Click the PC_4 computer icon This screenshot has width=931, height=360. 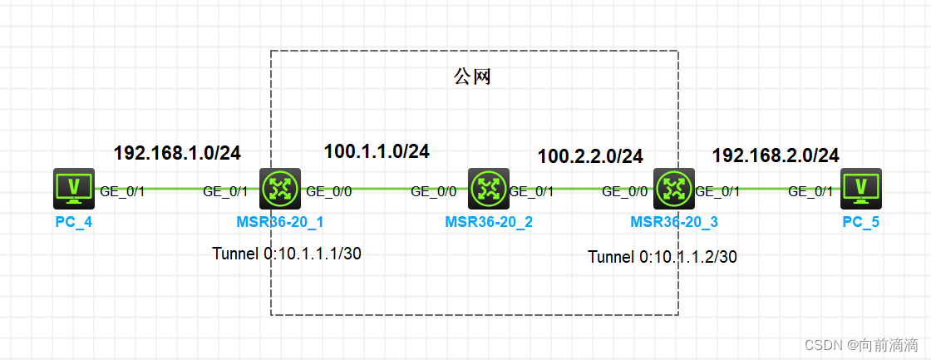click(x=73, y=188)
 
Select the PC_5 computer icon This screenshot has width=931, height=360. click(x=861, y=188)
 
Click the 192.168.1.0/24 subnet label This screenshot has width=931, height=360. click(x=177, y=153)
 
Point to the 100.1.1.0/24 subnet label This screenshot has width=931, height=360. click(x=377, y=151)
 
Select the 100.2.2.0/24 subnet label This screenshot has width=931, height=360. click(x=590, y=155)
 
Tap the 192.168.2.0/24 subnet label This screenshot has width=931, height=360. click(x=776, y=155)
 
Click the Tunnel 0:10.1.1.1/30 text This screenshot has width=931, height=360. click(x=287, y=254)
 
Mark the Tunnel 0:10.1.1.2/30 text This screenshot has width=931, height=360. click(x=663, y=257)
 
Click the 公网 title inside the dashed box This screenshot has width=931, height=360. click(x=472, y=77)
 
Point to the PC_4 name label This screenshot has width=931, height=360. click(x=73, y=222)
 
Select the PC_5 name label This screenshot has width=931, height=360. click(x=860, y=222)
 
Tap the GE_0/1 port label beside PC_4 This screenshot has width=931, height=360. click(x=122, y=191)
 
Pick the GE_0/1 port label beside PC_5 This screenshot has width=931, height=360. click(x=810, y=191)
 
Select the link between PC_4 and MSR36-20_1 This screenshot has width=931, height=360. click(x=175, y=189)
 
